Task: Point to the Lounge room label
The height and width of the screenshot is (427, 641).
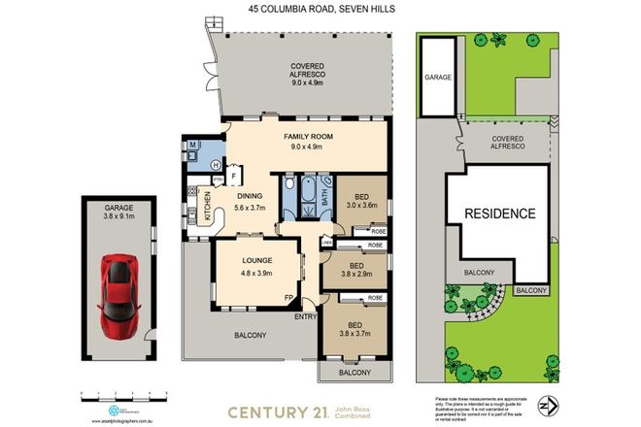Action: [256, 266]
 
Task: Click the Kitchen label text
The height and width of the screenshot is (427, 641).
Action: [206, 207]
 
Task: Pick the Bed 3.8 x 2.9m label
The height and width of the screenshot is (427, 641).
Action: [356, 271]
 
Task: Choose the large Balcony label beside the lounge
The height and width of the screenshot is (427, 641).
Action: [246, 337]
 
